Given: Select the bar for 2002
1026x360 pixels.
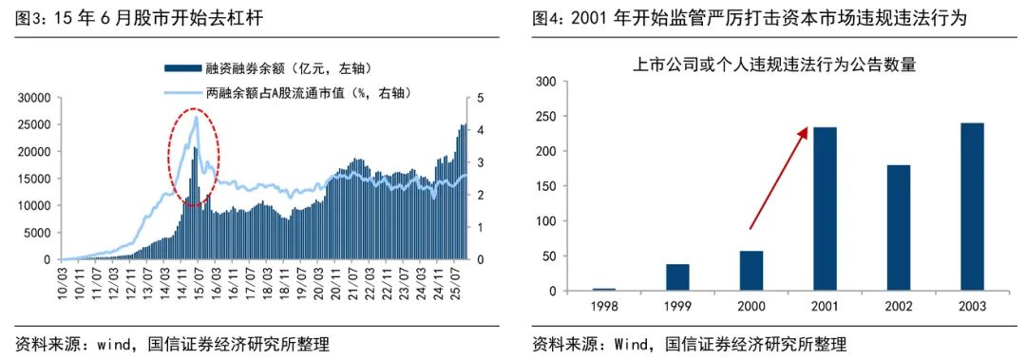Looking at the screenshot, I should pos(898,228).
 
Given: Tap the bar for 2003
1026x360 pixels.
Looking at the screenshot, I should pos(972,207).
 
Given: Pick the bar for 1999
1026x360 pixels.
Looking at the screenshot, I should pos(676,277).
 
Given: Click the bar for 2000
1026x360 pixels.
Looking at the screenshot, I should pos(750,271).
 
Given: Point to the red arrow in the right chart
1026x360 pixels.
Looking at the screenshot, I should pos(779,178).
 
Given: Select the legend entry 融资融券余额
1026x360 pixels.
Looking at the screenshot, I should pos(261,68).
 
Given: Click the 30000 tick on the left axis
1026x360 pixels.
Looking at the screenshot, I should pos(34,98).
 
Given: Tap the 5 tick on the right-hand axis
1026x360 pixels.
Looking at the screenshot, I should pos(481,98).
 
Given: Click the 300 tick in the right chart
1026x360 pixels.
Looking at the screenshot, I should pos(543,82).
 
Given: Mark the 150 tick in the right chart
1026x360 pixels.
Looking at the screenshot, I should pos(543,186).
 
